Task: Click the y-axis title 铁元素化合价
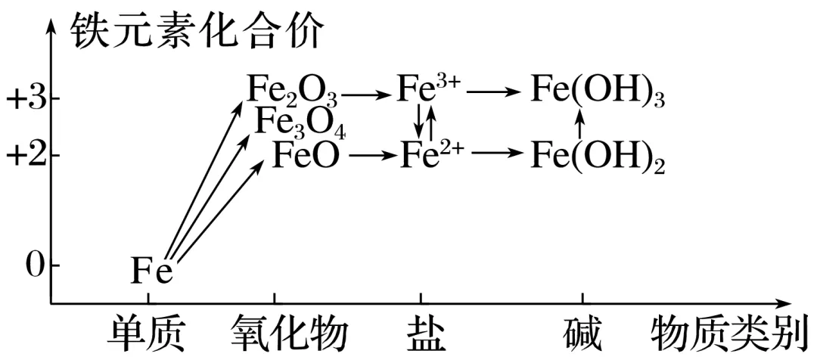(197, 30)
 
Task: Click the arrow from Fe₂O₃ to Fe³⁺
(367, 95)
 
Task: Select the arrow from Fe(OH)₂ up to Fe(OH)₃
(581, 123)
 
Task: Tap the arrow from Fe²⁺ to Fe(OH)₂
(498, 154)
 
